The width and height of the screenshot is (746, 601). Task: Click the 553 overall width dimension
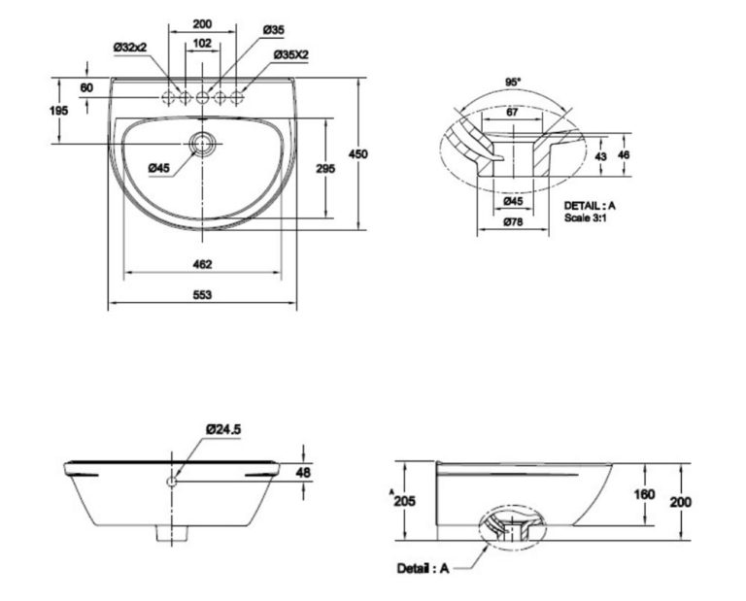click(x=202, y=294)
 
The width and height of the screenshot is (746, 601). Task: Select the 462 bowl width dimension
click(x=202, y=263)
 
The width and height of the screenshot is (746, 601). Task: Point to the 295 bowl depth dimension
click(x=325, y=168)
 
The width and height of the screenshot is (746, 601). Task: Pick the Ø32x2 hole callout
click(x=131, y=45)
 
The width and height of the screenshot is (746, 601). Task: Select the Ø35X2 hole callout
click(x=290, y=55)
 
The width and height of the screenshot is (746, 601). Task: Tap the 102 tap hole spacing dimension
click(x=202, y=43)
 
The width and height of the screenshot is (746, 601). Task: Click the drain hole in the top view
click(x=203, y=144)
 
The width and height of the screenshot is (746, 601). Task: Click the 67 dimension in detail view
click(x=513, y=113)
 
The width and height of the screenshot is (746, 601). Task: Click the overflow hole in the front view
click(x=172, y=481)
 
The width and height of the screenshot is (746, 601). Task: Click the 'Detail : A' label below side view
click(x=424, y=567)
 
